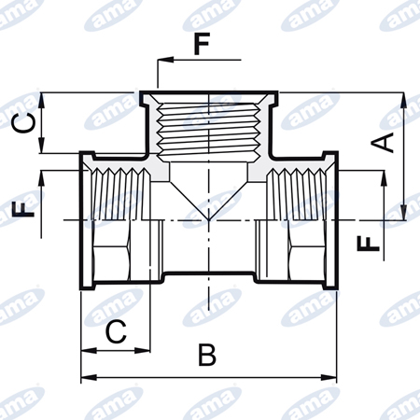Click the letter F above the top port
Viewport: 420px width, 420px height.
[202, 44]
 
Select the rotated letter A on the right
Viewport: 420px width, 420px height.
[383, 143]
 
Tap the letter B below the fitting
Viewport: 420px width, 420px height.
[207, 355]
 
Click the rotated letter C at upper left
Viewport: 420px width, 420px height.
[23, 122]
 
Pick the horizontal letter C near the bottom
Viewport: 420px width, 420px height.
[116, 331]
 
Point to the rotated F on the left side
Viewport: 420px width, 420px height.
[22, 208]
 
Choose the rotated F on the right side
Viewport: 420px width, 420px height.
[369, 244]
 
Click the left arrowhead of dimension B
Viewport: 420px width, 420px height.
[89, 378]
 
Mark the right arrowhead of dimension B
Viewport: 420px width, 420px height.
[329, 378]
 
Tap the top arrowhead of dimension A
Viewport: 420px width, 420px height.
[403, 100]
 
